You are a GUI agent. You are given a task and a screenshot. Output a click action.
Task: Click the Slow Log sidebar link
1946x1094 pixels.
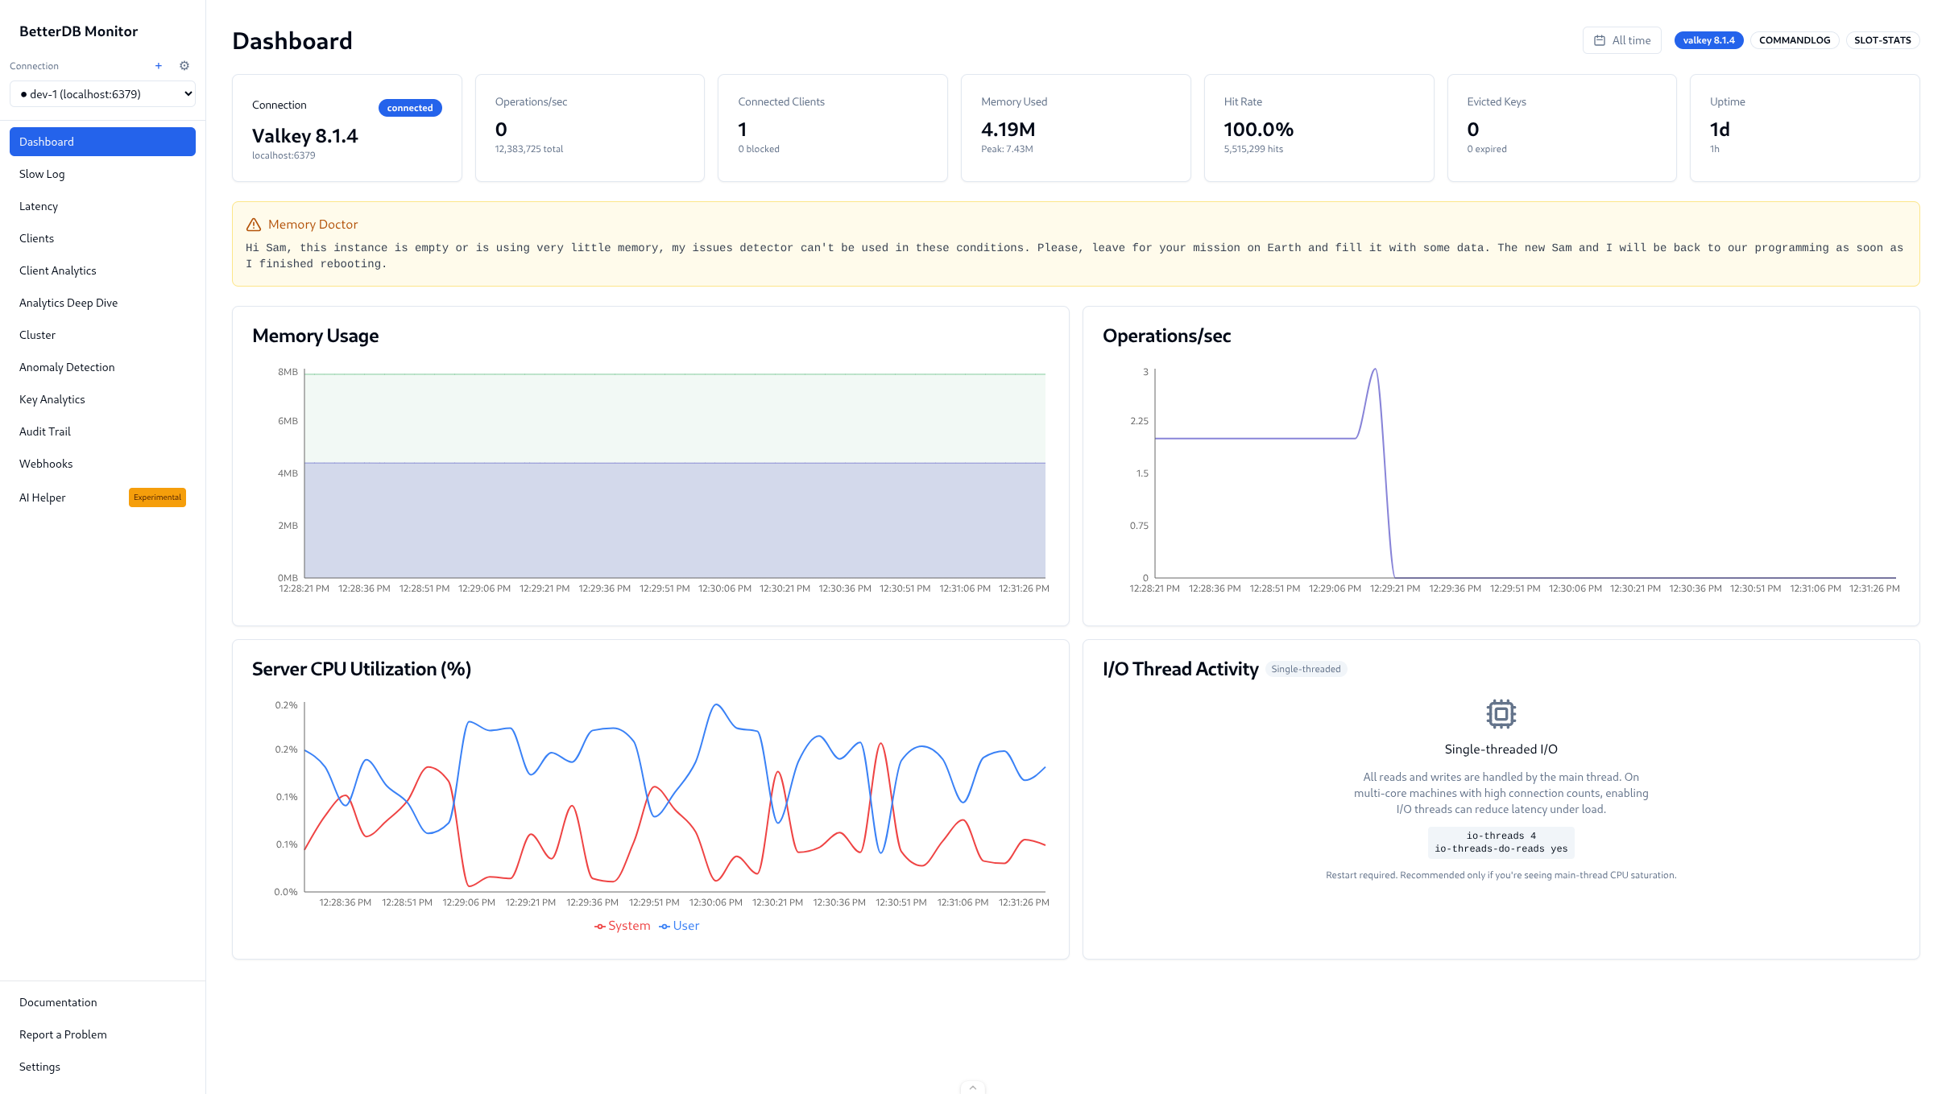click(42, 174)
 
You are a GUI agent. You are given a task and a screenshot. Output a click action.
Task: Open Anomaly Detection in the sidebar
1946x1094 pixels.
click(67, 367)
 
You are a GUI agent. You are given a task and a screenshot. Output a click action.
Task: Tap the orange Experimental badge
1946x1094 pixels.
click(157, 497)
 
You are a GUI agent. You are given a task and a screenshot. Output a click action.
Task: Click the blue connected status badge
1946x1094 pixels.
click(409, 108)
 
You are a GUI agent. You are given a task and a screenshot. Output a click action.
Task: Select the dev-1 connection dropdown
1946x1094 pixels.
click(102, 94)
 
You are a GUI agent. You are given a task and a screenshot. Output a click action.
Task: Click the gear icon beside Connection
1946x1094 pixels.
click(184, 66)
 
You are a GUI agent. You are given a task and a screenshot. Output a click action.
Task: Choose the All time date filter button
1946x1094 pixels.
click(1621, 40)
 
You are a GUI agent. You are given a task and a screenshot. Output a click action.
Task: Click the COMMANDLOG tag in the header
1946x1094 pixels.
click(1794, 40)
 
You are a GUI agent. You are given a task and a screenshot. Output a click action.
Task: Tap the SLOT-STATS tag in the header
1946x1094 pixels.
click(1882, 40)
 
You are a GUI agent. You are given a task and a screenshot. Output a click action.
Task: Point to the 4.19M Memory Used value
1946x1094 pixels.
click(1008, 130)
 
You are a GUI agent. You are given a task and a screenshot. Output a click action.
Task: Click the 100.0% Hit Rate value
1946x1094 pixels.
click(1258, 130)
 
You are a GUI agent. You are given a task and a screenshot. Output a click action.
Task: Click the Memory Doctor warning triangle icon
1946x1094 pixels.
click(254, 225)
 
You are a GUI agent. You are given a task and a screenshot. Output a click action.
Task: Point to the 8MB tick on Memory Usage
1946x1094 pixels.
click(288, 372)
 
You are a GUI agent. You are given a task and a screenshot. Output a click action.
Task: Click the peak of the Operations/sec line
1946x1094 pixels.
click(1375, 369)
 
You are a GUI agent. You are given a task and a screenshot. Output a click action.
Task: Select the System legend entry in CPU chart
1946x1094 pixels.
click(623, 926)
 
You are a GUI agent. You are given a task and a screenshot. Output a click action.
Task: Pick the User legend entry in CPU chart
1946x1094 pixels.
click(680, 926)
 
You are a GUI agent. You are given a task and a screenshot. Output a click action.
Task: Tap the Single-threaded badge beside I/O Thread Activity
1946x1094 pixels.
click(1306, 669)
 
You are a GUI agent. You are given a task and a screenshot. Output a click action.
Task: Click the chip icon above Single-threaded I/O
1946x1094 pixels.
click(1501, 713)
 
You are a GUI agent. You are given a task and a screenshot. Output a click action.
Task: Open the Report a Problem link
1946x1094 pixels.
click(63, 1034)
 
